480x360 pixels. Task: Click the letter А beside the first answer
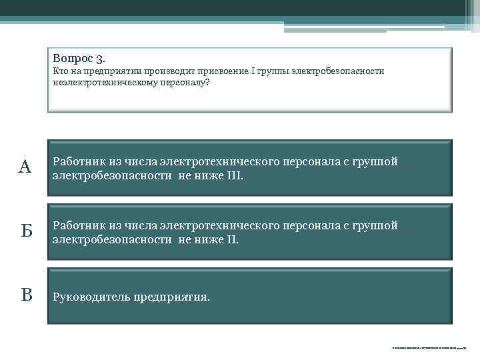pyautogui.click(x=25, y=167)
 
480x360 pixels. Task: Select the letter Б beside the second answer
pyautogui.click(x=25, y=232)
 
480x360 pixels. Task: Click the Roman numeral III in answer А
pyautogui.click(x=234, y=175)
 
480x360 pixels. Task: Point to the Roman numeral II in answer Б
pyautogui.click(x=231, y=239)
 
